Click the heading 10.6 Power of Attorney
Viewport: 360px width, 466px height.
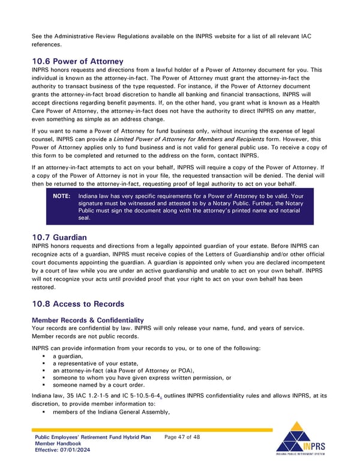point(77,61)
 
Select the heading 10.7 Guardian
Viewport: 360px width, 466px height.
point(59,237)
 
